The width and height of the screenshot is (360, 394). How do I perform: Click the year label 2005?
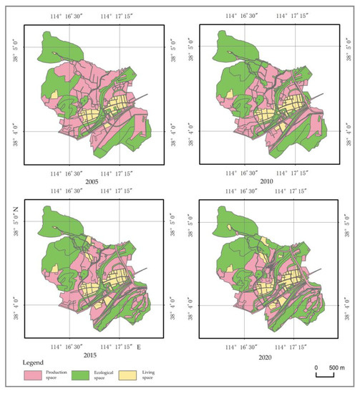click(90, 182)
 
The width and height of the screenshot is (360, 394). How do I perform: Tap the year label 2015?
click(90, 355)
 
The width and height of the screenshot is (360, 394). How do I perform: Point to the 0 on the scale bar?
click(316, 367)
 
